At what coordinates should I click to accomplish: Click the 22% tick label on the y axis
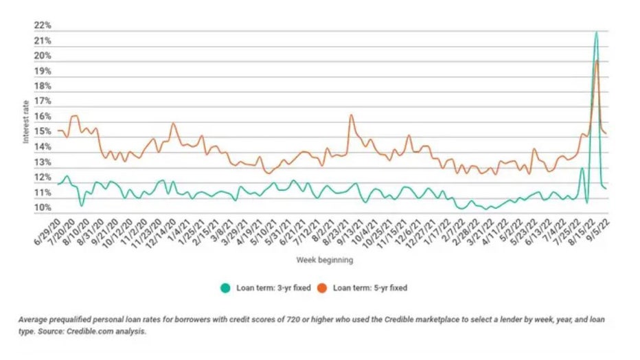tap(42, 25)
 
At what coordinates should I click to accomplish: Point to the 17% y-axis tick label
tap(42, 102)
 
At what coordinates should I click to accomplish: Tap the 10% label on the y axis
tap(42, 208)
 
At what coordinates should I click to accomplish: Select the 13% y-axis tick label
tap(42, 163)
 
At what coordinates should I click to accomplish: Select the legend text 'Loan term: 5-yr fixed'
tap(371, 288)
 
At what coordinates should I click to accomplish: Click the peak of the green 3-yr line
tap(596, 32)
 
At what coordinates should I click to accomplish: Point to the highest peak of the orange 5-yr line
tap(597, 61)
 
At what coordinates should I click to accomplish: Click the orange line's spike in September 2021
tap(351, 115)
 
